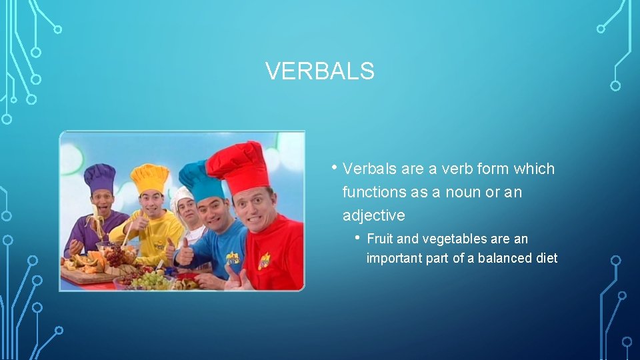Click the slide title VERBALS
[319, 71]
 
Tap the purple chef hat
[99, 177]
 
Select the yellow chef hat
[149, 177]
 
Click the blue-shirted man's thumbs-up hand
[185, 252]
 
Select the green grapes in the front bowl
[149, 279]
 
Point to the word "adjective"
[373, 215]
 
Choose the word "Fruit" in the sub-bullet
[380, 239]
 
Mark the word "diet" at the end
[546, 258]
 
